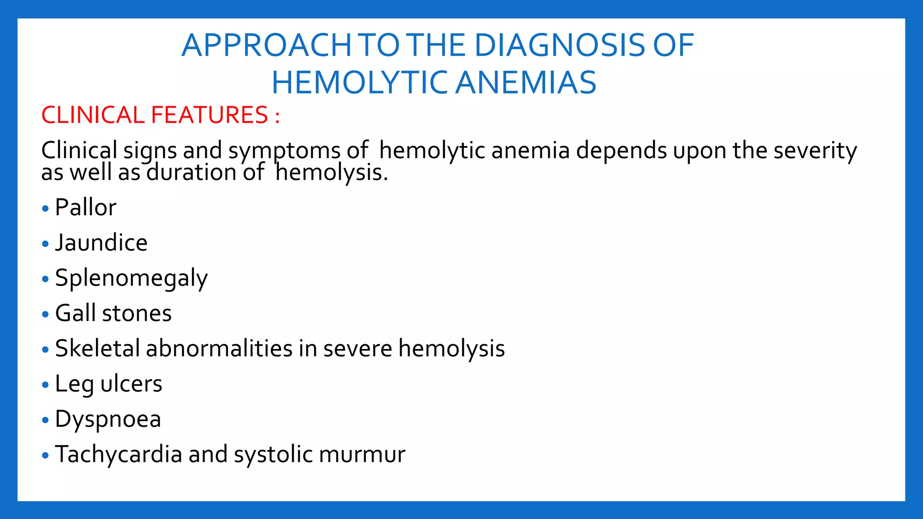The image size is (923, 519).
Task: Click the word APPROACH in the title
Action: coord(266,46)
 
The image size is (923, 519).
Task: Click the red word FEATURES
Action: coord(210,115)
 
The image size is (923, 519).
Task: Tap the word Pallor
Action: coord(86,208)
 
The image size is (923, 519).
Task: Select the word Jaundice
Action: coord(101,243)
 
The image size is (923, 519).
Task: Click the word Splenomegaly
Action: coord(131,278)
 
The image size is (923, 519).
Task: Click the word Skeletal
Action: coord(97,348)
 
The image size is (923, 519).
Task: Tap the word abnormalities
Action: coord(219,348)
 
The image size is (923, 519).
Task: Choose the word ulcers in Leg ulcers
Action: coord(131,384)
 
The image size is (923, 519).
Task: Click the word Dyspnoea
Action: coord(108,419)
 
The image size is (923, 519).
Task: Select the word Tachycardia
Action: coord(118,454)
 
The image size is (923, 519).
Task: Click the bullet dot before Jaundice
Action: coord(45,244)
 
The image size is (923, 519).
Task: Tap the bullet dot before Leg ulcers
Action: coord(45,385)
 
